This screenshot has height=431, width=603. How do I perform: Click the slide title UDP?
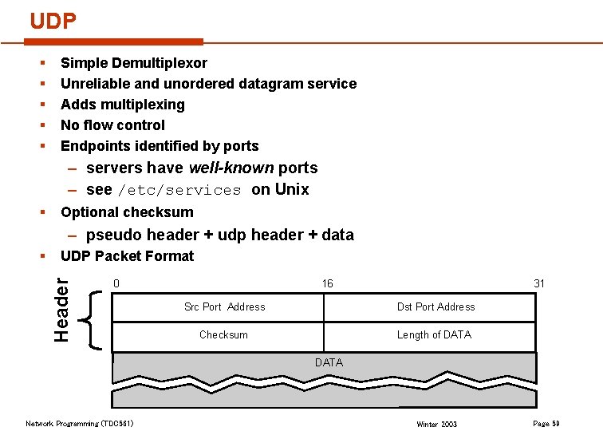(x=53, y=22)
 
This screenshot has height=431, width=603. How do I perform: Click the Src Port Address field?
(x=224, y=306)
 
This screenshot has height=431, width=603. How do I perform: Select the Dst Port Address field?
(x=436, y=306)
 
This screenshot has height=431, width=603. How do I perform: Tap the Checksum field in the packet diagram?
(x=223, y=334)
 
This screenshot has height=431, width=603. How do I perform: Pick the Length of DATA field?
(x=434, y=334)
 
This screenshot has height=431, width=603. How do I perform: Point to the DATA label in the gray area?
(x=329, y=362)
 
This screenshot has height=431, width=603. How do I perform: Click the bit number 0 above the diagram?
(x=116, y=283)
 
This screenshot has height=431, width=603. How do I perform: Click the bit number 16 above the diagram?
(x=327, y=283)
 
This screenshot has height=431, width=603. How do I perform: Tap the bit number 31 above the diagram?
(x=539, y=283)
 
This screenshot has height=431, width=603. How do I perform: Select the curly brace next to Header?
(x=93, y=320)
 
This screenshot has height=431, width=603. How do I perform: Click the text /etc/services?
(x=179, y=190)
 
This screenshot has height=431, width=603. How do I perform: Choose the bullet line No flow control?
(x=112, y=125)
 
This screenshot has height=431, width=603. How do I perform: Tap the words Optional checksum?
(x=127, y=212)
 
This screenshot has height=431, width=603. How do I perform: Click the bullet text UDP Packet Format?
(x=127, y=256)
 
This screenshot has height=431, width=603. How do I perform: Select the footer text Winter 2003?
(x=437, y=424)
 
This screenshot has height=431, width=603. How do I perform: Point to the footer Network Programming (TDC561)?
(x=80, y=423)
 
